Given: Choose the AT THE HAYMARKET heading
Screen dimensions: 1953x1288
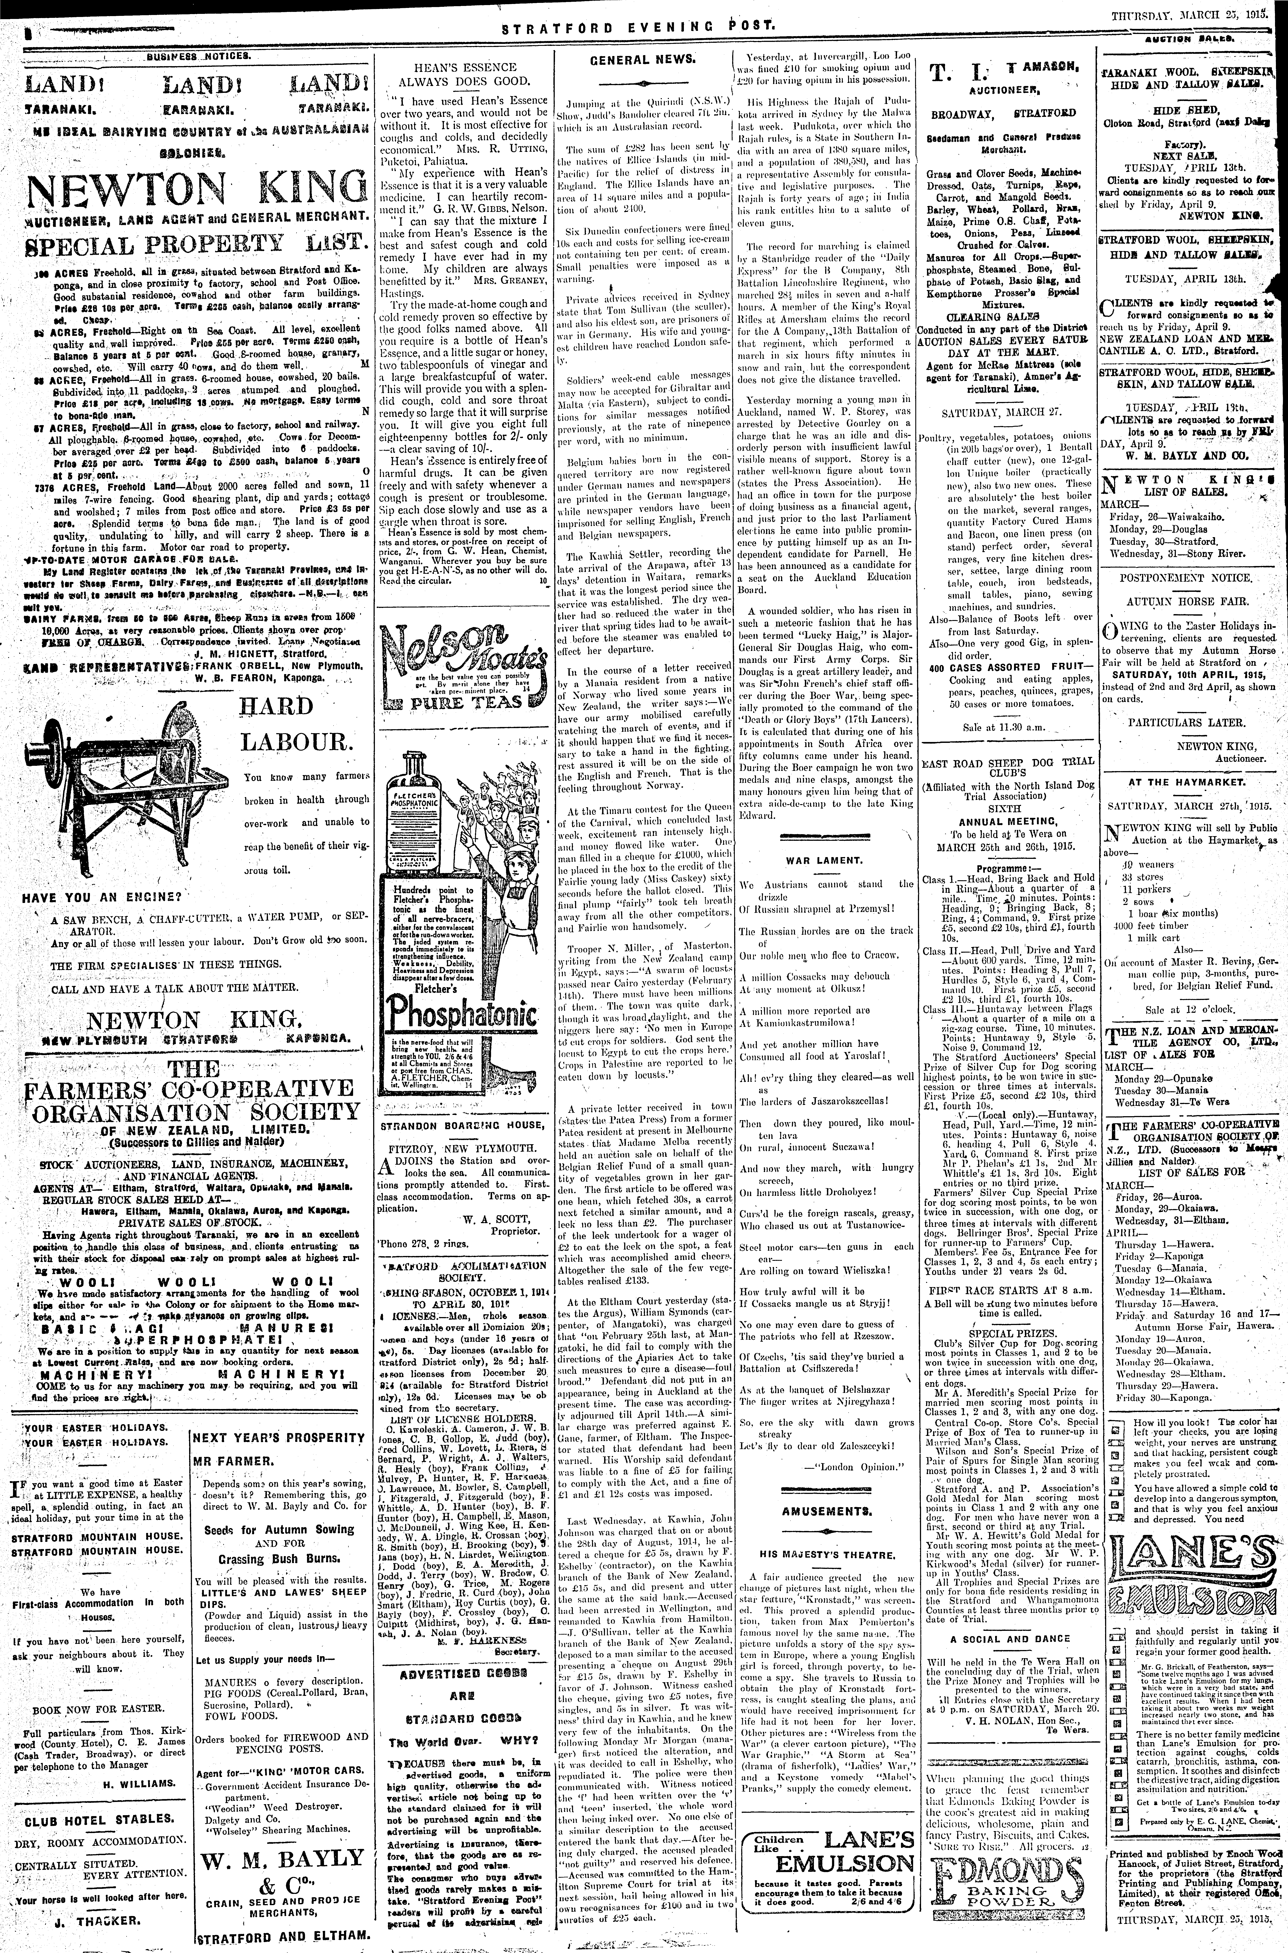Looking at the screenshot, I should pyautogui.click(x=1183, y=782).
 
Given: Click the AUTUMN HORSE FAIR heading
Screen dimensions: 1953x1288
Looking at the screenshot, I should pyautogui.click(x=1183, y=602).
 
